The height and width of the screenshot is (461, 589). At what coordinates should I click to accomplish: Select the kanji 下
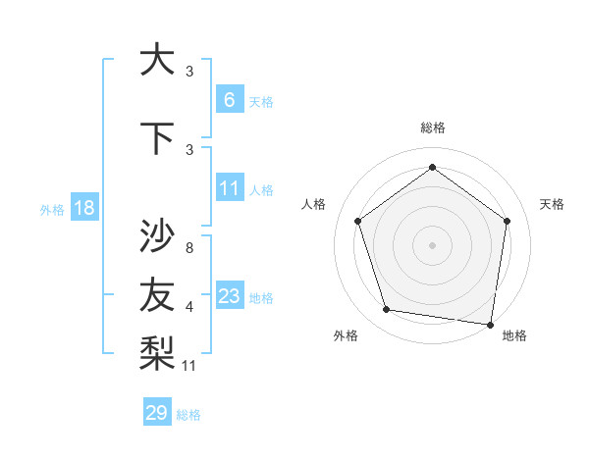coord(157,137)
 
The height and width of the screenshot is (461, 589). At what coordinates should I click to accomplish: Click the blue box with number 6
coord(229,100)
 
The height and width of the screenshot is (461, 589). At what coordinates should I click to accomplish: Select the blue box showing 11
coord(229,188)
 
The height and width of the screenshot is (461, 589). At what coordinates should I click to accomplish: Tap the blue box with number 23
coord(229,296)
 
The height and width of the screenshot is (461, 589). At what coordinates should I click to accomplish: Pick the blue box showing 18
coord(83,208)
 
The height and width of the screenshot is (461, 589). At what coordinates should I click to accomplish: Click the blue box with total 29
coord(157,413)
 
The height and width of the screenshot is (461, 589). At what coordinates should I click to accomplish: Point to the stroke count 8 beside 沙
coord(188,248)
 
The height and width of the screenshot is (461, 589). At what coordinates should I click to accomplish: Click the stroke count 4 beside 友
coord(188,307)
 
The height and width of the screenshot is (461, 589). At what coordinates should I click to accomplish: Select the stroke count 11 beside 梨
coord(190,366)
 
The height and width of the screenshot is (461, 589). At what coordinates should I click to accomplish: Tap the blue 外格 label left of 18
coord(52,209)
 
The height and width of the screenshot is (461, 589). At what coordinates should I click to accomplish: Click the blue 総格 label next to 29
coord(188,415)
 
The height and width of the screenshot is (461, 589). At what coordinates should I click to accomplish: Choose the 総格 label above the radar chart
coord(432,128)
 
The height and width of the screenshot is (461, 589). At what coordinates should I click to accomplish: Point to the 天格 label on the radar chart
coord(552,204)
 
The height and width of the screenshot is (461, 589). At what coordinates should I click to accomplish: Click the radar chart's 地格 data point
coord(490,324)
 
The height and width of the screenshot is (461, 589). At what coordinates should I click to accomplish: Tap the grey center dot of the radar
coord(432,244)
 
